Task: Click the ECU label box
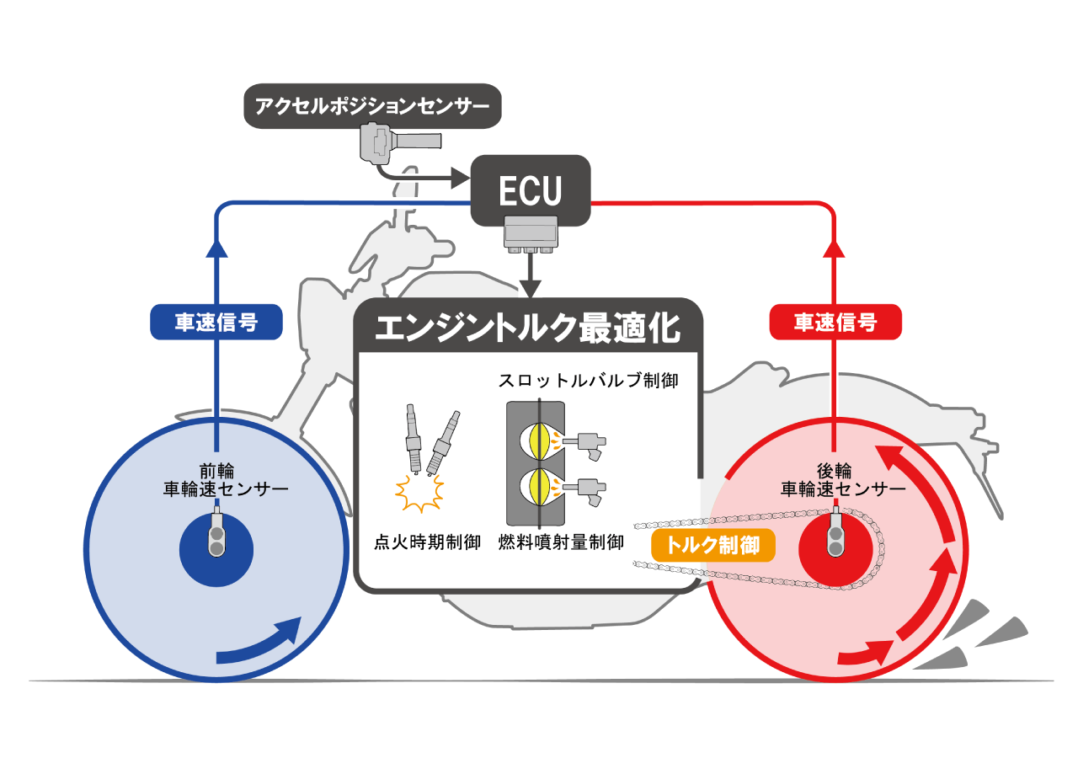[531, 190]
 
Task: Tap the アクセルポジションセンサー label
[372, 106]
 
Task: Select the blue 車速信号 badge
[216, 322]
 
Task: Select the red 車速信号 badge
[835, 322]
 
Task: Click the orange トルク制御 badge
[712, 545]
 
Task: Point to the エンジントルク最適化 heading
[528, 328]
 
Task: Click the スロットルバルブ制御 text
[588, 381]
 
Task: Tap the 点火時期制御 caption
[427, 542]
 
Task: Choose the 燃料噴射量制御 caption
[561, 542]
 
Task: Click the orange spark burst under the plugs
[419, 494]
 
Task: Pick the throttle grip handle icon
[400, 143]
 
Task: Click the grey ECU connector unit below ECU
[531, 234]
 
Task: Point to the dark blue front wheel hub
[216, 550]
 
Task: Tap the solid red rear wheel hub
[835, 550]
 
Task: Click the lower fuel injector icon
[584, 491]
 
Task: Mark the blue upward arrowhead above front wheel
[216, 248]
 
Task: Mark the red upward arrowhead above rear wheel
[834, 248]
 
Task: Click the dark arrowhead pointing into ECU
[461, 179]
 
